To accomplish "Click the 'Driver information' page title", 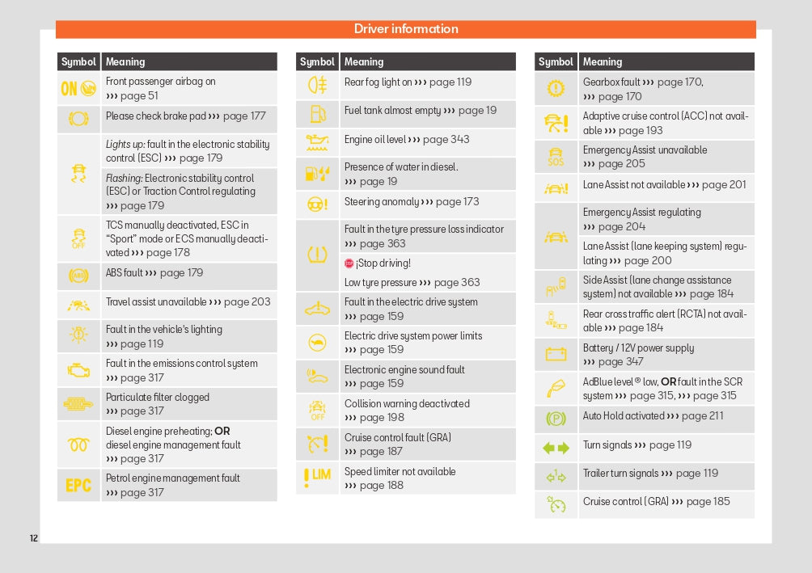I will coord(406,29).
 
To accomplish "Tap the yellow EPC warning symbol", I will coord(78,486).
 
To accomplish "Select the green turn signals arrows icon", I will coord(556,447).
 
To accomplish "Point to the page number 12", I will coord(33,538).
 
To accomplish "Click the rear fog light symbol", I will coord(317,84).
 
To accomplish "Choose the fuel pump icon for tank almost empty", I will coord(317,112).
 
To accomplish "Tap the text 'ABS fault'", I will coord(124,273).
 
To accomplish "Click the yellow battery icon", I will coord(556,354).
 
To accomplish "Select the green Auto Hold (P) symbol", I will coord(556,418).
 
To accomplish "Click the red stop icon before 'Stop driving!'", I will coord(349,263).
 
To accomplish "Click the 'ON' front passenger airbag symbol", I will coord(78,88).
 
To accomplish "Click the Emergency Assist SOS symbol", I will coord(556,156).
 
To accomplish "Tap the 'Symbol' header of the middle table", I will coord(317,61).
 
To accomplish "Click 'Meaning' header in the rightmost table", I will coord(603,61).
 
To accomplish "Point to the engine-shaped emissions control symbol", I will coord(78,370).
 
